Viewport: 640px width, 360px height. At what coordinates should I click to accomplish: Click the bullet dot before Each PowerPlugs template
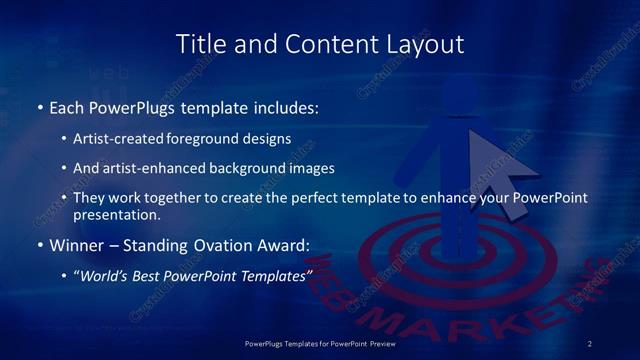coord(39,106)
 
